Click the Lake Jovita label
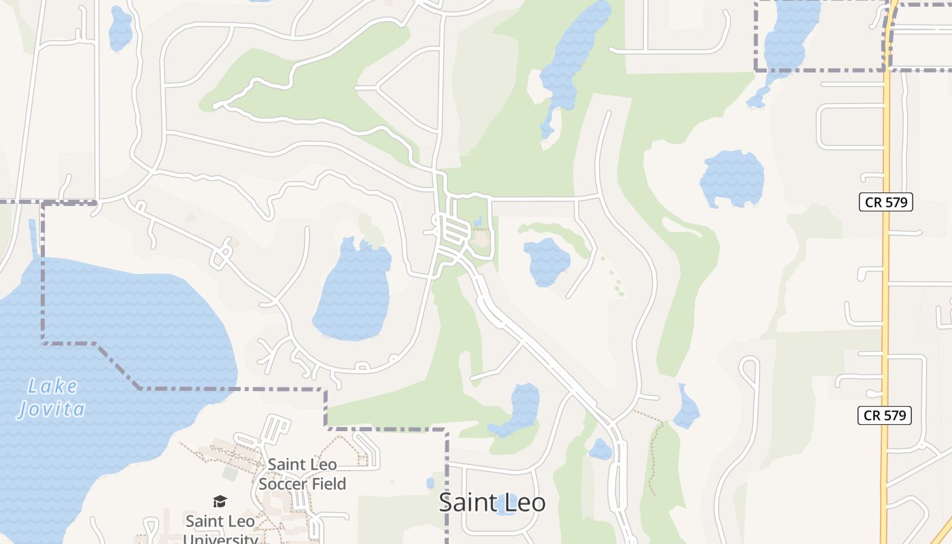[52, 398]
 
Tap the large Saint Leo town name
[492, 503]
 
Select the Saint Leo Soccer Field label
[303, 474]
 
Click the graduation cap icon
[220, 502]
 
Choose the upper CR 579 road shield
[885, 202]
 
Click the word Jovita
[52, 409]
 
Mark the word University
[220, 539]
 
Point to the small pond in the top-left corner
[120, 29]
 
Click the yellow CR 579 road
[885, 306]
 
